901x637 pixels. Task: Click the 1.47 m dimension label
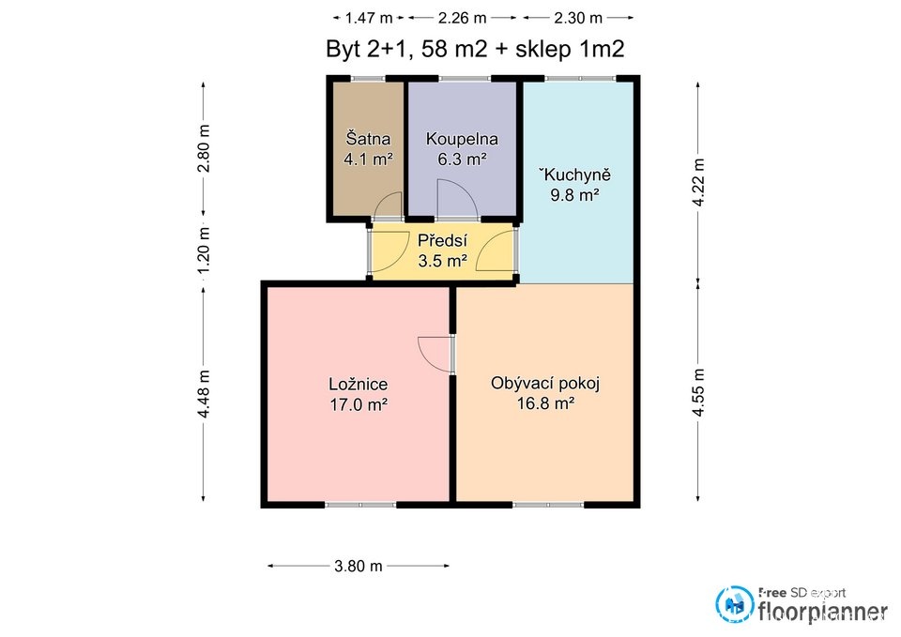coord(368,19)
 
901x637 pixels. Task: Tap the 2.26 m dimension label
coord(462,19)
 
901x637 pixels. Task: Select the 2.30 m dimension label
coord(578,19)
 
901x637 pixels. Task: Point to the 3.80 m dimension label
coord(358,567)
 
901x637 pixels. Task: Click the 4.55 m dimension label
coord(698,392)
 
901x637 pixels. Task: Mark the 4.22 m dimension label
coord(698,182)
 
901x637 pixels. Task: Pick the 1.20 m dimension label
coord(204,250)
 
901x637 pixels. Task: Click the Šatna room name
coord(368,139)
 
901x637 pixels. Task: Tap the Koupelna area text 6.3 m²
coord(463,159)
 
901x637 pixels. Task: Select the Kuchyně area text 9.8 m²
coord(575,195)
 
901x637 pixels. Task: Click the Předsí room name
coord(442,240)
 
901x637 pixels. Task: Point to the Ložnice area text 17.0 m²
coord(359,404)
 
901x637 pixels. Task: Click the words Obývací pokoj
coord(545,383)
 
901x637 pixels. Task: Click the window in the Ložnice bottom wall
coord(360,505)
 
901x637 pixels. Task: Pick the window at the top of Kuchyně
coord(580,78)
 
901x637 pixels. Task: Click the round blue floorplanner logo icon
coord(735,603)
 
